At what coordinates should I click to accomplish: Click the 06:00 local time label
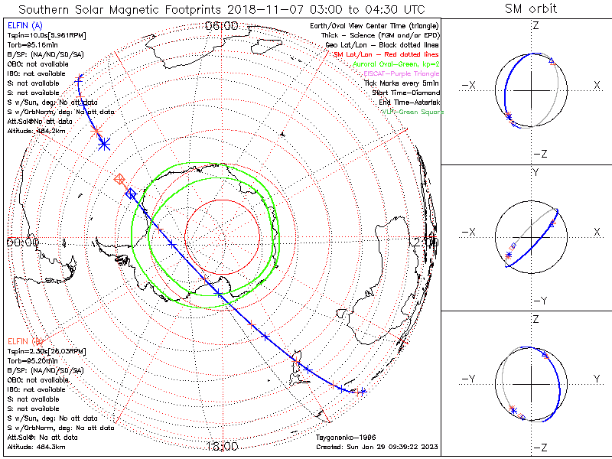point(222,26)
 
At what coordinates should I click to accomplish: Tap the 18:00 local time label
point(222,445)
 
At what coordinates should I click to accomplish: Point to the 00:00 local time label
point(23,242)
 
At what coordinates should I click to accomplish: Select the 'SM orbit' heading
point(531,9)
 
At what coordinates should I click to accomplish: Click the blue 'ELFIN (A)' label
point(24,26)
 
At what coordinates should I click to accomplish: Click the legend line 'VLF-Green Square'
point(412,112)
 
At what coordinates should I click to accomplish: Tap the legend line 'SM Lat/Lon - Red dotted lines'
point(386,55)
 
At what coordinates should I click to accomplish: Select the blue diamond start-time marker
point(131,193)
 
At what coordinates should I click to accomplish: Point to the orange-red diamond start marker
point(119,179)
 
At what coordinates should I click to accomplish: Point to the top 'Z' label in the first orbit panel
point(535,25)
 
